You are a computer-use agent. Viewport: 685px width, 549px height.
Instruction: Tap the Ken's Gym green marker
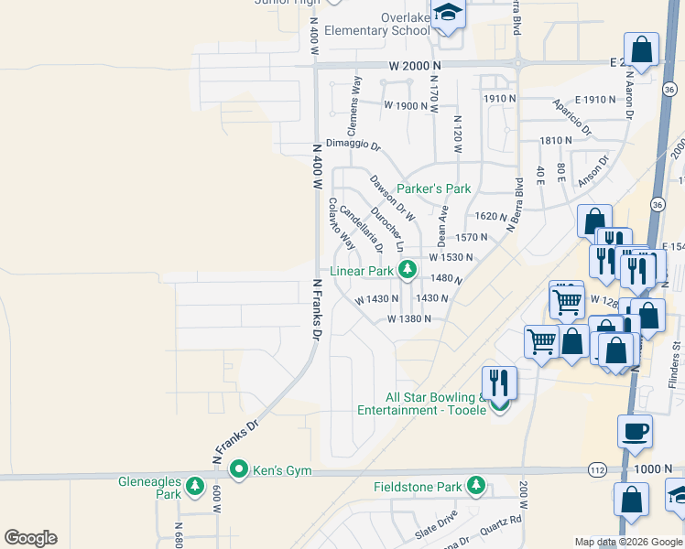[240, 470]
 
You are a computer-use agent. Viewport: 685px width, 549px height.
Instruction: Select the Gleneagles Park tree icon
[194, 487]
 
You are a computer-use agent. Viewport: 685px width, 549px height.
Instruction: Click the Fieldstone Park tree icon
[475, 487]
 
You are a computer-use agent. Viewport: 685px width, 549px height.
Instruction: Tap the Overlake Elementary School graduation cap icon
[448, 13]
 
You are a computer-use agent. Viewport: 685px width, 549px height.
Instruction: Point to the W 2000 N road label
[415, 66]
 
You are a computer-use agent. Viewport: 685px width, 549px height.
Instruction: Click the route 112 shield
[597, 469]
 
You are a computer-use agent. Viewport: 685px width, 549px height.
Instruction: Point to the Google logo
[30, 538]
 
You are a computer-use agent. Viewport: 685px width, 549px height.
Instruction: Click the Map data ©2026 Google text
[628, 542]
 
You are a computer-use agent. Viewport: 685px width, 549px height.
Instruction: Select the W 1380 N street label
[408, 319]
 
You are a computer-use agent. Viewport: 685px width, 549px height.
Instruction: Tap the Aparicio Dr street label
[573, 117]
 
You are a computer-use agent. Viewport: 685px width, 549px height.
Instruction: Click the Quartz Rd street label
[505, 523]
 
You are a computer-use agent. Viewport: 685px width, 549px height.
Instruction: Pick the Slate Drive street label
[436, 532]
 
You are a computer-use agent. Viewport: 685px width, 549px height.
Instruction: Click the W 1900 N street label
[407, 105]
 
